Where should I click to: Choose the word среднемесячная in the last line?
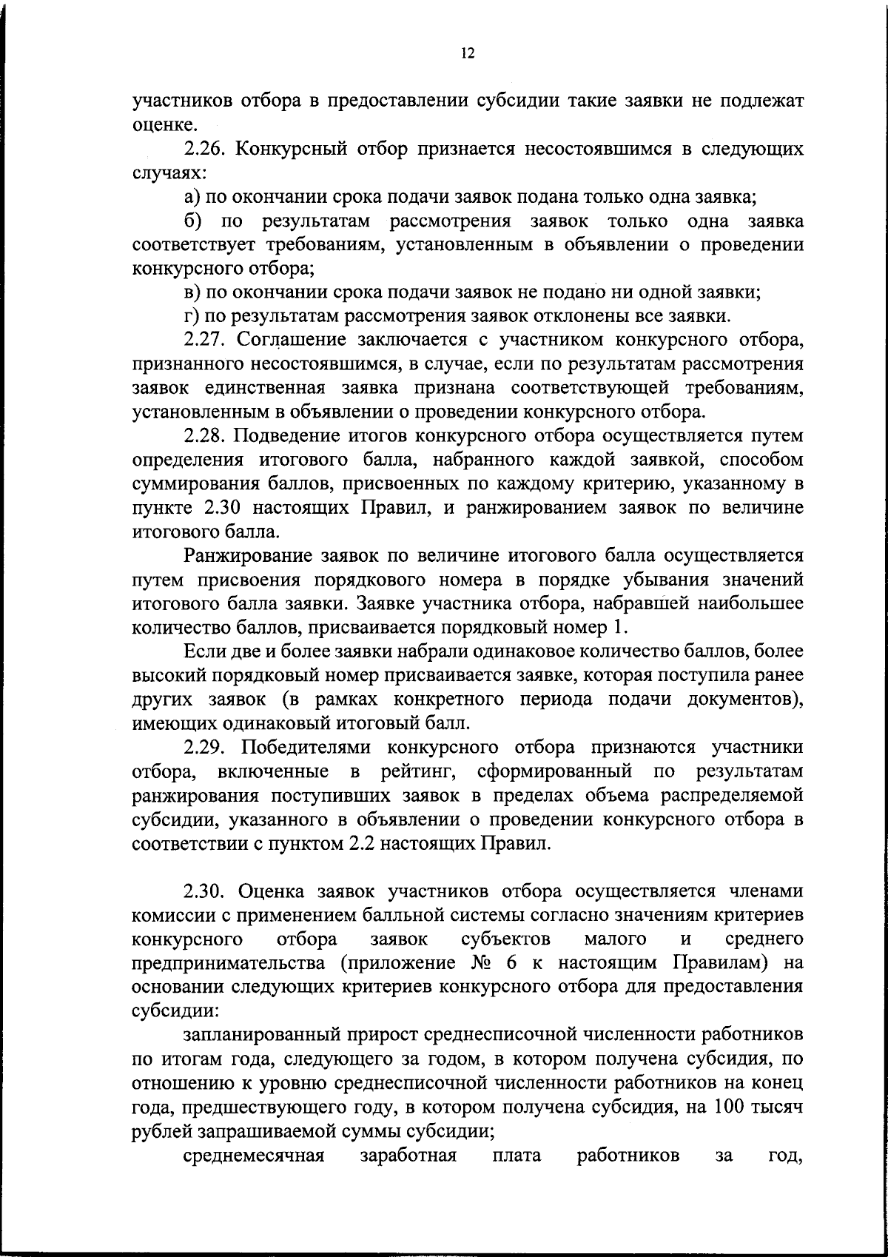click(x=255, y=1155)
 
